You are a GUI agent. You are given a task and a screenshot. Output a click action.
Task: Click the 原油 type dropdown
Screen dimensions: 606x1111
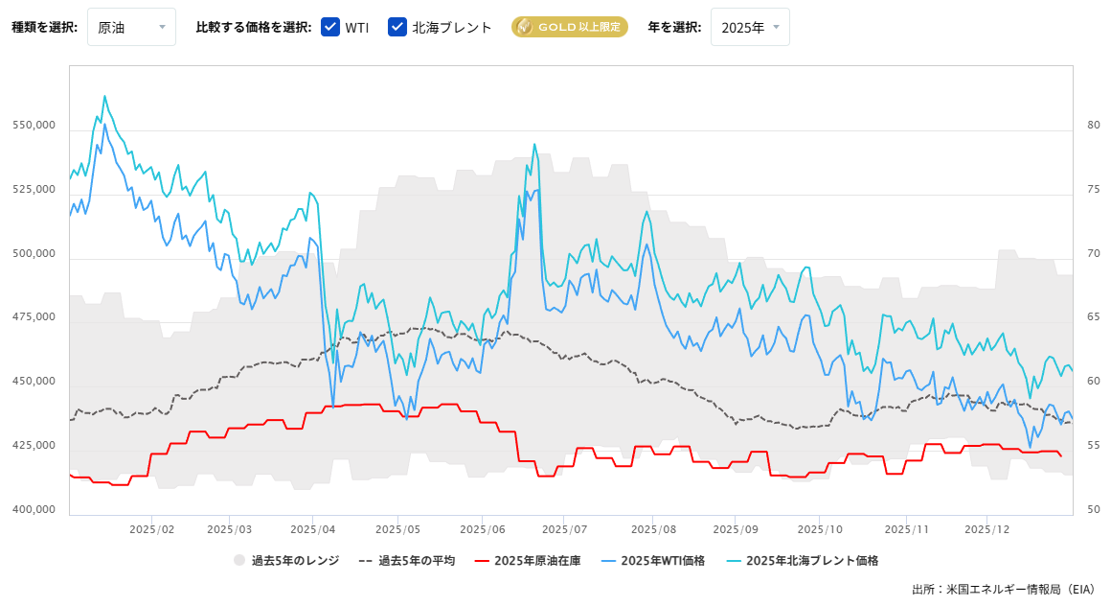131,27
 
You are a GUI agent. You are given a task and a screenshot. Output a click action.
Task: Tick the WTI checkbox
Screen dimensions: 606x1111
330,27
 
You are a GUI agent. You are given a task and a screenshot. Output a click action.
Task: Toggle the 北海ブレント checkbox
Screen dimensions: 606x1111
397,27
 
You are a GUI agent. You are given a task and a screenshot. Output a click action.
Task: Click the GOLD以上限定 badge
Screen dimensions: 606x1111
569,27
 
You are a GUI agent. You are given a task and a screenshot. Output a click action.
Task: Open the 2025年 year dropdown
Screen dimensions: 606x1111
750,27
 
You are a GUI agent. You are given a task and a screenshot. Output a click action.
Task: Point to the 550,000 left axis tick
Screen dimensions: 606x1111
34,126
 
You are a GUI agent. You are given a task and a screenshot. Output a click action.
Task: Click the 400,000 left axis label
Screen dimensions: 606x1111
34,509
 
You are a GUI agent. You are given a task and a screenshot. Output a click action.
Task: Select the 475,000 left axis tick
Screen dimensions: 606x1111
34,317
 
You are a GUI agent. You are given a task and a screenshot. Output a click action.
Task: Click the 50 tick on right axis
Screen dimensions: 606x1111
1093,509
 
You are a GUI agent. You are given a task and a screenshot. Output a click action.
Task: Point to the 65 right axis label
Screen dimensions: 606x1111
1093,317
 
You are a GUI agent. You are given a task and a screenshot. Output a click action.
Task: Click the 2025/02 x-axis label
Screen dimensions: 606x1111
150,528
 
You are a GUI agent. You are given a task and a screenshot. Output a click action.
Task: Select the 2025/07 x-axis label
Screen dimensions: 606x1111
571,528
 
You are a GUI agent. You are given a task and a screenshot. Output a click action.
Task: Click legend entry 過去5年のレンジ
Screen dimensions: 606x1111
286,560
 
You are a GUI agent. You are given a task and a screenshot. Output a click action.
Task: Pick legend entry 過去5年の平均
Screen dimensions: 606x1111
406,560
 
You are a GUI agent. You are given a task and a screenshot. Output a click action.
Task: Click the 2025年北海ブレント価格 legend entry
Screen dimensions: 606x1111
802,560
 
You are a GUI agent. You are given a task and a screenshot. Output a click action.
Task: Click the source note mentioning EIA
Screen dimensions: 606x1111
1005,589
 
